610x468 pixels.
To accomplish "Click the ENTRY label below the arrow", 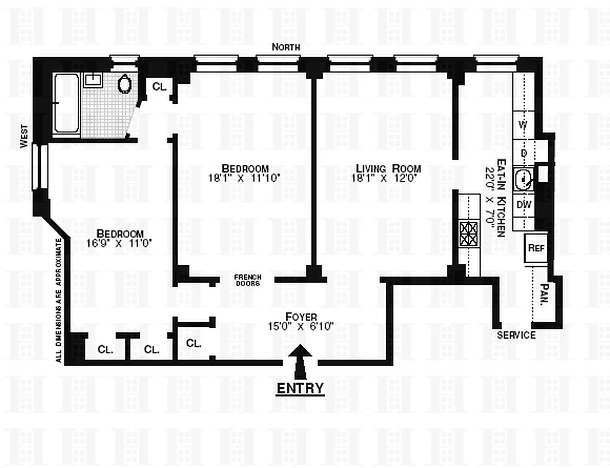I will (299, 388).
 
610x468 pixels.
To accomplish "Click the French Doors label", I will (247, 280).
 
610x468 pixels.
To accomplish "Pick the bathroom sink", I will (92, 80).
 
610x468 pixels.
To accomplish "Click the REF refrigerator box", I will (536, 247).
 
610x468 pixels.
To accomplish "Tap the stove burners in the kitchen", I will (468, 234).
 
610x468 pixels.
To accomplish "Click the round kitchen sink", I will (523, 178).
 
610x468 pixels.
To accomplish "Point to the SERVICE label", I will (516, 335).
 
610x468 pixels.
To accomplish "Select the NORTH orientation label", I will (286, 47).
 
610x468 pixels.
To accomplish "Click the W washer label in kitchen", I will (523, 124).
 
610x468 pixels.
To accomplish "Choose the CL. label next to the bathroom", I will (159, 87).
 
